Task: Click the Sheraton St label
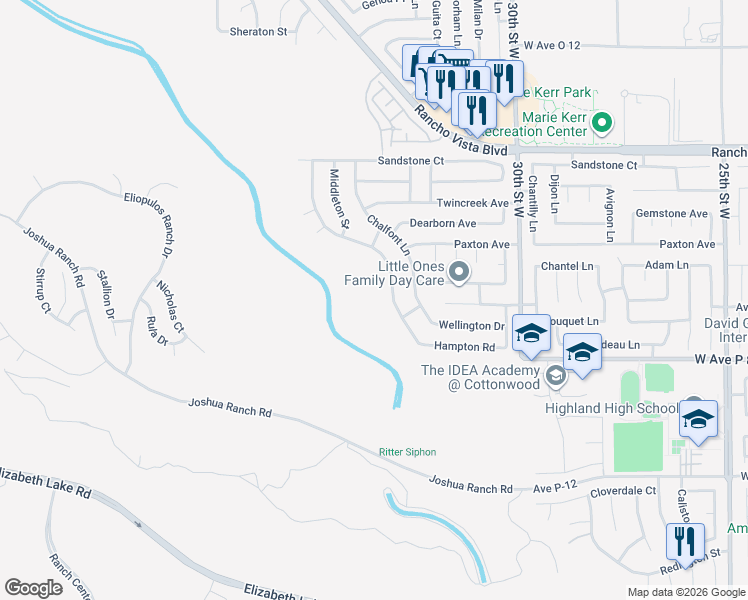click(259, 32)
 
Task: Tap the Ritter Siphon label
click(406, 452)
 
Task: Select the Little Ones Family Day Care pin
click(460, 272)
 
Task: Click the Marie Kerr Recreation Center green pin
click(601, 124)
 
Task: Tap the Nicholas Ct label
click(170, 305)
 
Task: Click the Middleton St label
click(339, 198)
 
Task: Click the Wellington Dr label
click(472, 326)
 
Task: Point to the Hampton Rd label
click(464, 347)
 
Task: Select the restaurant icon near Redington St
click(685, 544)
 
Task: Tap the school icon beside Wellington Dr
click(531, 335)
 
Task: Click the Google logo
click(34, 588)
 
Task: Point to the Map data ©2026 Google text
click(685, 592)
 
